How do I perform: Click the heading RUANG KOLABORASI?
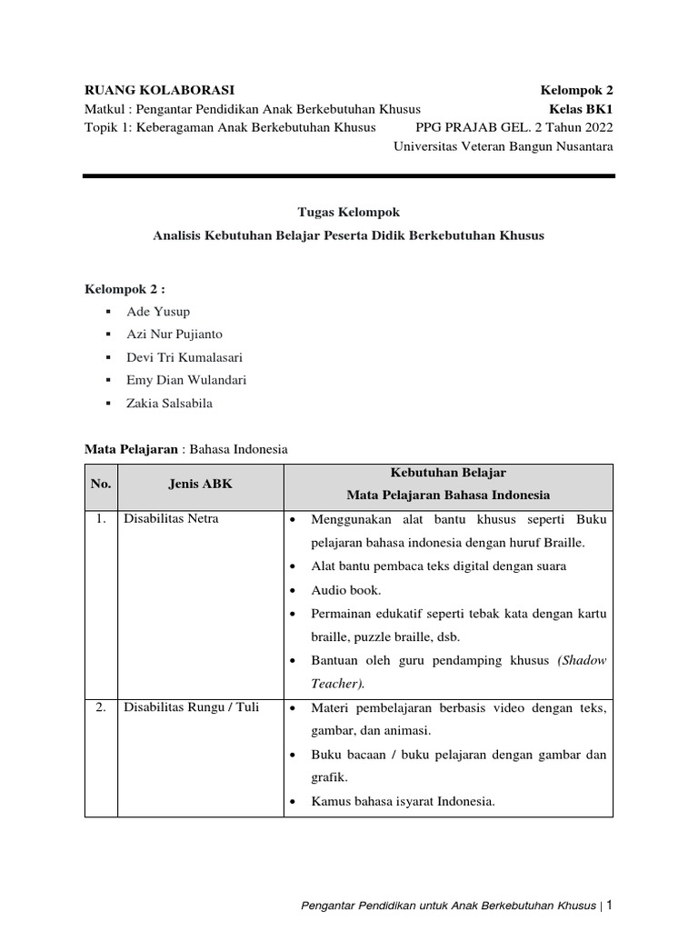159,90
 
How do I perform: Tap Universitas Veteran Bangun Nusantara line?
504,145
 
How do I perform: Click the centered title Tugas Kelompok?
348,212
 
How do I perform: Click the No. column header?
101,485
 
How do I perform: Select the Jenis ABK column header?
201,485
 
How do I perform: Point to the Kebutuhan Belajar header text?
448,473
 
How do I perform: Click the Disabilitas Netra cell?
171,519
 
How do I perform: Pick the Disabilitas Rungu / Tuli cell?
191,706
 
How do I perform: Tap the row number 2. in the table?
101,706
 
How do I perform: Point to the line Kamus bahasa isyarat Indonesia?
403,801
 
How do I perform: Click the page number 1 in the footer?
610,905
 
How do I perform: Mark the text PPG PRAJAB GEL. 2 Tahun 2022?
514,127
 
